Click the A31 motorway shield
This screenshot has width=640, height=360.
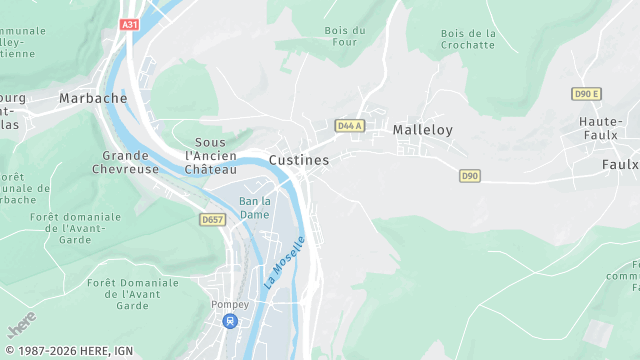click(128, 24)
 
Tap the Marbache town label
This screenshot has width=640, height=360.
click(93, 98)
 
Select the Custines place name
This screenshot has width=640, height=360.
click(299, 160)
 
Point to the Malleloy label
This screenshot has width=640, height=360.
click(423, 130)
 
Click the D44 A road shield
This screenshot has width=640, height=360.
click(349, 126)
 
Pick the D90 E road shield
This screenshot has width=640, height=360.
click(587, 94)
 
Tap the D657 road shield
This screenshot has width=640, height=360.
click(212, 219)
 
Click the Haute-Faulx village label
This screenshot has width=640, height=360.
click(602, 129)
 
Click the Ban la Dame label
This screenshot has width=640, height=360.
click(255, 208)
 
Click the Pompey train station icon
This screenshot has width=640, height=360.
click(230, 322)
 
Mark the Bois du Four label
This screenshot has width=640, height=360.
click(345, 37)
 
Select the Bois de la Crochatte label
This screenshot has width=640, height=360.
click(468, 39)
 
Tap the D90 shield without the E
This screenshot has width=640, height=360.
click(470, 176)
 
